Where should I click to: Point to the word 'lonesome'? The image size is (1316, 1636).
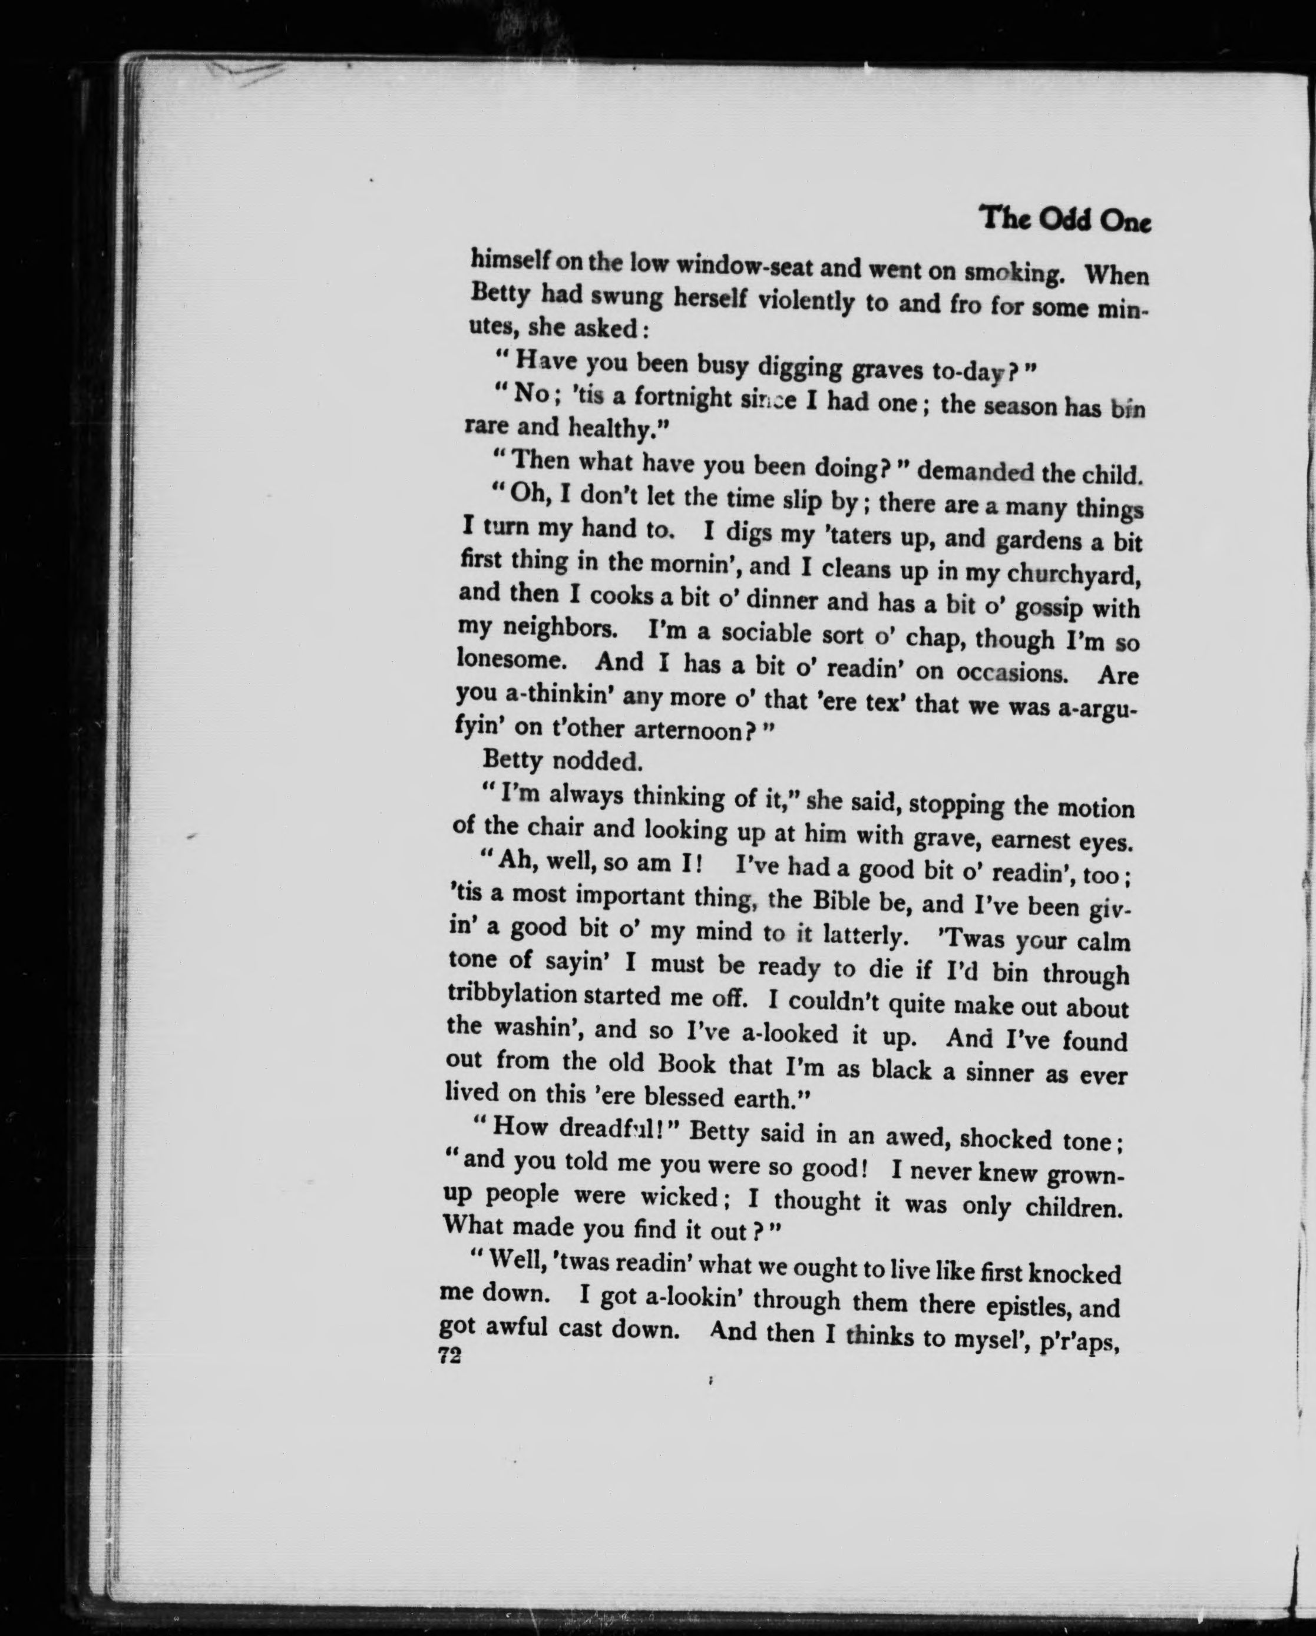click(x=511, y=660)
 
